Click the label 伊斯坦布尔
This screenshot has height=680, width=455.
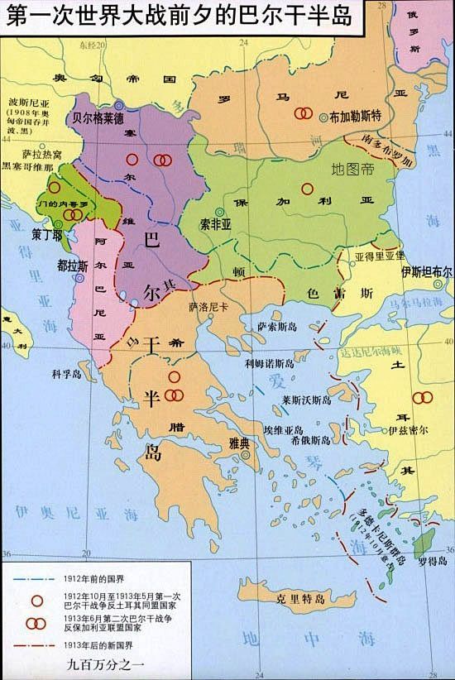coord(426,272)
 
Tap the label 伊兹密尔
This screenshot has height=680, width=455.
coord(408,431)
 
